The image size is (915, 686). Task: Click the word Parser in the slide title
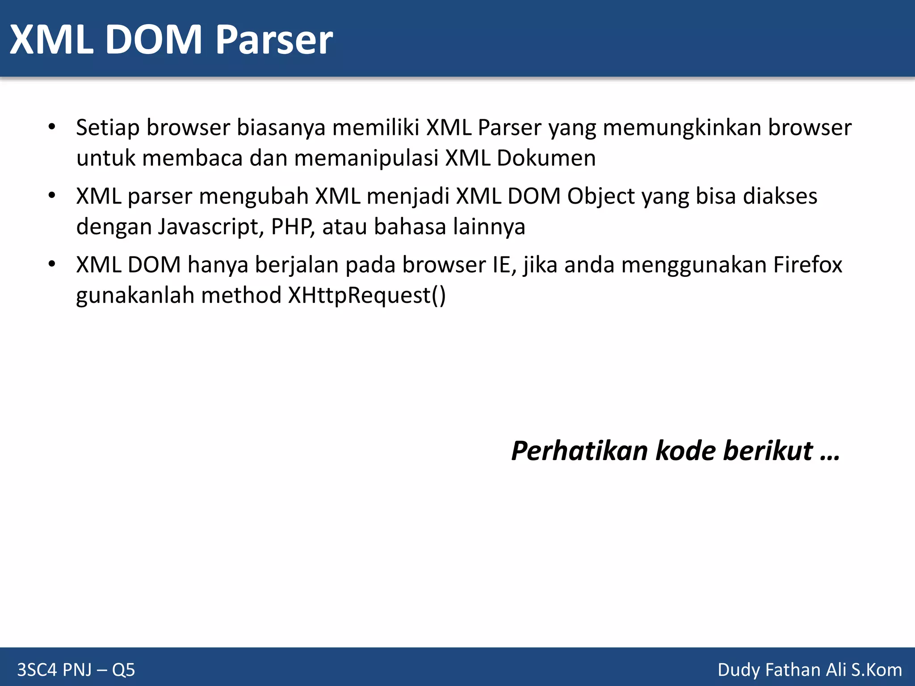point(274,40)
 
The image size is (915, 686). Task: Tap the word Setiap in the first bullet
point(108,128)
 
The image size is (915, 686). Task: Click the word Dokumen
point(546,159)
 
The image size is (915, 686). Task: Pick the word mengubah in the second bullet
point(254,197)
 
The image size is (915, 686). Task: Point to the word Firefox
point(807,265)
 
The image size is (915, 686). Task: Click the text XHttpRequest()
point(367,296)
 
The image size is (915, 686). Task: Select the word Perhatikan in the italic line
point(579,451)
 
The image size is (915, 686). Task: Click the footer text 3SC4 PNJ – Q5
point(76,670)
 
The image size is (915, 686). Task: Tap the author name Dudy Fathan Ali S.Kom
point(810,670)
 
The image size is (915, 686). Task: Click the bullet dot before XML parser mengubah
point(52,196)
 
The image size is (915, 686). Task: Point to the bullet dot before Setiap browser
point(52,127)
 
